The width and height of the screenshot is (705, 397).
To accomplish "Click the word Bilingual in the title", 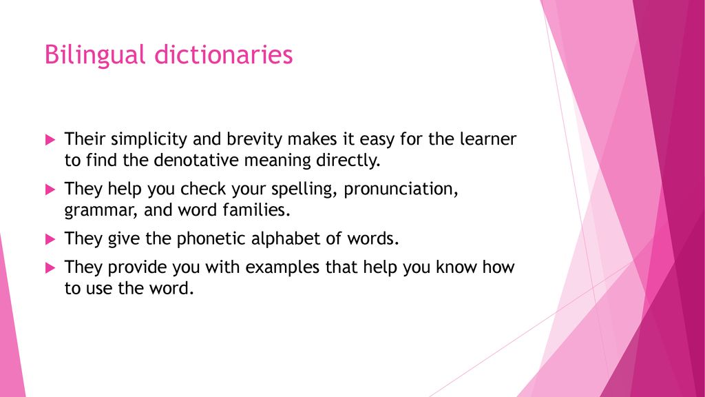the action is [x=95, y=55].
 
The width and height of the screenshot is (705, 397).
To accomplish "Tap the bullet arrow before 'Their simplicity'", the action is [x=50, y=139].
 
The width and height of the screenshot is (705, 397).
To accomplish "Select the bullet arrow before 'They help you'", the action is [x=50, y=190].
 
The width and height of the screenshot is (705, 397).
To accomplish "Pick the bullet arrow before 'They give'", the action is [x=50, y=239].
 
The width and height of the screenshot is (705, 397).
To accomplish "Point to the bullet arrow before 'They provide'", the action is [x=50, y=268].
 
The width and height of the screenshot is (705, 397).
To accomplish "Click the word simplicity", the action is [x=149, y=139].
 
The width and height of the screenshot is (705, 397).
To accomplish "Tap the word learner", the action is [x=488, y=139].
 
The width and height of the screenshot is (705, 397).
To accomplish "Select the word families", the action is [x=257, y=210].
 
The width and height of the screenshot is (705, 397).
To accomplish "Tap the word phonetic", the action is [x=211, y=239].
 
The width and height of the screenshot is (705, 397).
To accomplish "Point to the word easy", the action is [x=377, y=140].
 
